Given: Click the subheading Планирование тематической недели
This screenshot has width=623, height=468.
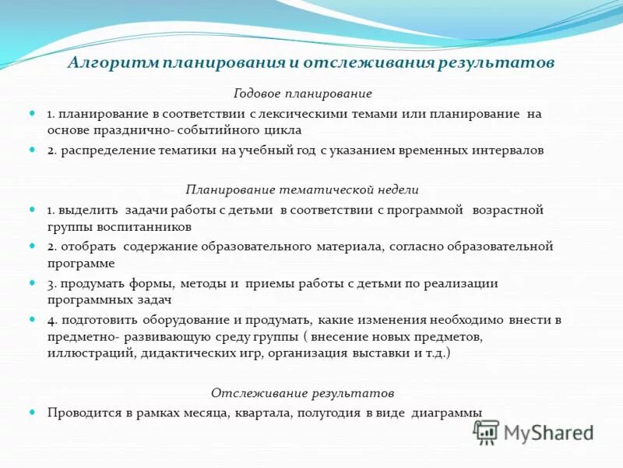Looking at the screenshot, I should [302, 190].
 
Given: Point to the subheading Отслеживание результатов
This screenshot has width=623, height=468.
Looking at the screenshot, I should [303, 392].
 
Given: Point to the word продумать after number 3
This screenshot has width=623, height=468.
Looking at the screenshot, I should [88, 283].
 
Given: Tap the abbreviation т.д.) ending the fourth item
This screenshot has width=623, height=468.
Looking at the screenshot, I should [436, 353].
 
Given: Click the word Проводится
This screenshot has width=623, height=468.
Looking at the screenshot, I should [83, 412].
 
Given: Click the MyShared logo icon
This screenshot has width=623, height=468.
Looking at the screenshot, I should [487, 432].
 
